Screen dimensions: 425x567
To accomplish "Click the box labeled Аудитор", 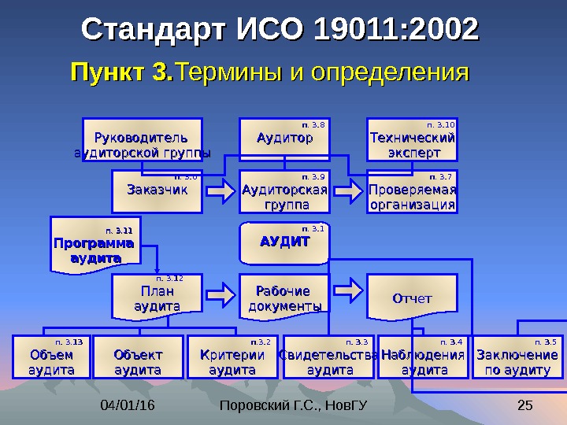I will pyautogui.click(x=284, y=139).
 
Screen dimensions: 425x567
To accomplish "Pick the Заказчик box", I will pyautogui.click(x=157, y=191).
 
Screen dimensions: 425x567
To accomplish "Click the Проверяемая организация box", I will pyautogui.click(x=412, y=191).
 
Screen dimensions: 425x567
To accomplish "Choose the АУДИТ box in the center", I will pyautogui.click(x=284, y=243).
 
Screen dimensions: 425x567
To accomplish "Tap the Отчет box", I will pyautogui.click(x=412, y=297).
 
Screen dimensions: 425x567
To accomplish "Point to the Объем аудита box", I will pyautogui.click(x=51, y=357).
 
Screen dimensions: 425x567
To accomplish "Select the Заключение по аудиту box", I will pyautogui.click(x=517, y=357).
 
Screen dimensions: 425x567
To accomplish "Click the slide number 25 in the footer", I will pyautogui.click(x=525, y=406).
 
